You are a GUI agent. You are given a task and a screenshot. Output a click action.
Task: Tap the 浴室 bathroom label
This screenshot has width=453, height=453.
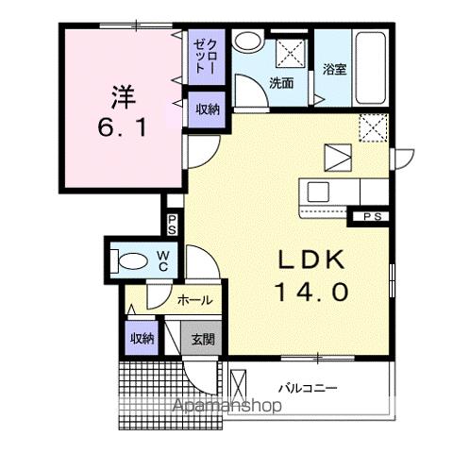point(334,69)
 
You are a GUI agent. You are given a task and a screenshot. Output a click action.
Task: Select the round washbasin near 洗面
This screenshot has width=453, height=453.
point(248,42)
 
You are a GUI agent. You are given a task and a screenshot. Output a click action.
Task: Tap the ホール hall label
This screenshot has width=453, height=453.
point(193,301)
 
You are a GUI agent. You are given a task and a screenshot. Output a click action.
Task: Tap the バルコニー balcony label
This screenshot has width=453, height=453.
point(307,388)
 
